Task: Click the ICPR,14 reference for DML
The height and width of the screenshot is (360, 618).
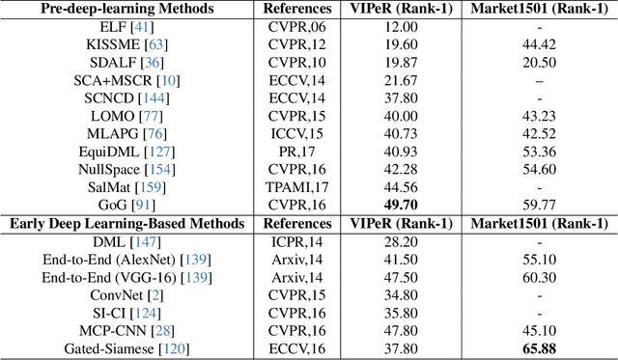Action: coord(298,242)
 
